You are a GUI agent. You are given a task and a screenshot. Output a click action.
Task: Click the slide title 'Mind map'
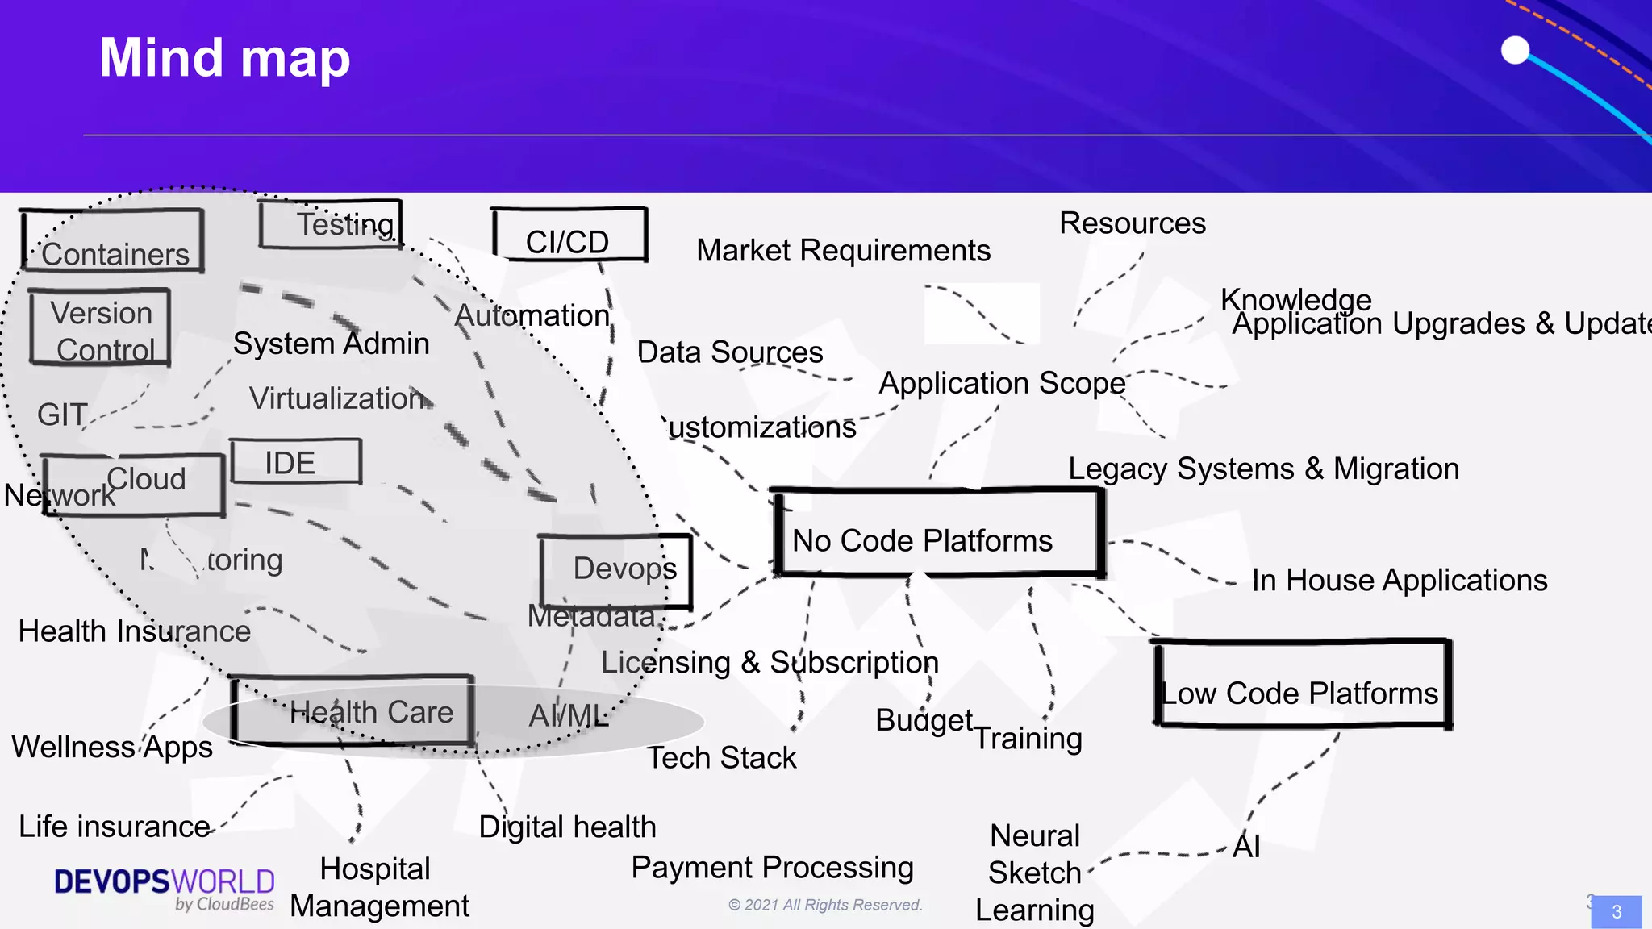224,58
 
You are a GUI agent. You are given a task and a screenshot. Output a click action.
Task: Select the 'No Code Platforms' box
937,533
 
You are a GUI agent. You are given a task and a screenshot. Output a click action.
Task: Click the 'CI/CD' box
569,235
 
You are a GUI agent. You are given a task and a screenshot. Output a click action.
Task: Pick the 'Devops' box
615,570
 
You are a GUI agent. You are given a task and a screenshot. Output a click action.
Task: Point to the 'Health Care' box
353,710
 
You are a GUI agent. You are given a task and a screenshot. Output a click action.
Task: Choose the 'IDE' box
295,461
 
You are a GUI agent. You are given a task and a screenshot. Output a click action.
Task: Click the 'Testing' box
331,223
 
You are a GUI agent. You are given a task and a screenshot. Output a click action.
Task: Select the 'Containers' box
113,241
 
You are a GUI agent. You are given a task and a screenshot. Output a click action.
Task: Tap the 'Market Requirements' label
843,251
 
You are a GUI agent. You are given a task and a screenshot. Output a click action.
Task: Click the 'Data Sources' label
729,352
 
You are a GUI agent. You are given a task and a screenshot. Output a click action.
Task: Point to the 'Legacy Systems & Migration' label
1263,469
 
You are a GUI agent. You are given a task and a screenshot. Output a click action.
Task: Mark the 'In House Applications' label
1399,581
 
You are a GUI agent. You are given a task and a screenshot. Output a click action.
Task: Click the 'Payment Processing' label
772,868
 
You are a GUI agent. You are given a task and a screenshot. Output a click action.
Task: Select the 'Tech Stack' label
721,758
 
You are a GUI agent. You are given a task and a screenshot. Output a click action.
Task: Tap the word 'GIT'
62,415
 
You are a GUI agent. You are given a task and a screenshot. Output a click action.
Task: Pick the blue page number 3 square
1616,912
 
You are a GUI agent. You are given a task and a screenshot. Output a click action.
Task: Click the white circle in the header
1515,50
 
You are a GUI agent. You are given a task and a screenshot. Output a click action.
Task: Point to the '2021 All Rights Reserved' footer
825,905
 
